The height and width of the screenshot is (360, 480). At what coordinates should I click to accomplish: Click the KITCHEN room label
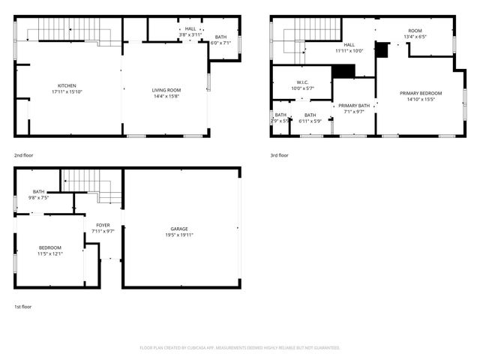(67, 85)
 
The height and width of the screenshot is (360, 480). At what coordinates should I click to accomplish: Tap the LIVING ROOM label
(166, 91)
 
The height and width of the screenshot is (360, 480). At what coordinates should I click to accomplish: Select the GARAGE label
(178, 229)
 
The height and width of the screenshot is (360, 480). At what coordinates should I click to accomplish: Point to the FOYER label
(102, 225)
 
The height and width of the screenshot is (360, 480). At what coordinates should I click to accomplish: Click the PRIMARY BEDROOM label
(420, 93)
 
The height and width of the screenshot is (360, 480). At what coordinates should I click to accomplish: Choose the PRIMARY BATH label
(353, 106)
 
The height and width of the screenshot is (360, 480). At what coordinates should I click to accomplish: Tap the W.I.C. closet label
(302, 82)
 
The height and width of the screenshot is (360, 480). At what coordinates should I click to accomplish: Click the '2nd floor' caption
(23, 155)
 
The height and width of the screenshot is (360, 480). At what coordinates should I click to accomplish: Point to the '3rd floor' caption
(279, 155)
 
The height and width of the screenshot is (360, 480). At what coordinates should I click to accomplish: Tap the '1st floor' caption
(23, 307)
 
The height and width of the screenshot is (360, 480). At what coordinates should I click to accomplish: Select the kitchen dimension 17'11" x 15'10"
(67, 91)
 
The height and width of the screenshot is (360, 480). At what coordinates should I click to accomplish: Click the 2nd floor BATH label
(220, 37)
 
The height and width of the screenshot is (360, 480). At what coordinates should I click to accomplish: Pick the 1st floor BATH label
(38, 192)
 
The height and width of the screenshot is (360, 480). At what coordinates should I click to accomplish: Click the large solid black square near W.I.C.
(343, 71)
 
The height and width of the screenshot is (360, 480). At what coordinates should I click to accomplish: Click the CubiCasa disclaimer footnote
(240, 348)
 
